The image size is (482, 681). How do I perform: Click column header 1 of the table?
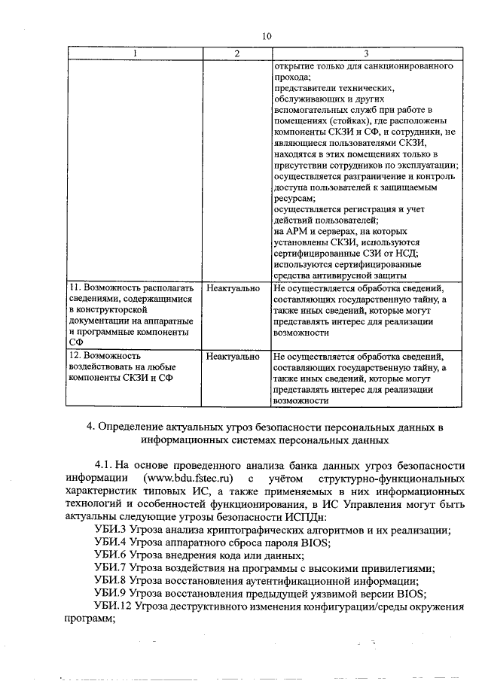click(135, 53)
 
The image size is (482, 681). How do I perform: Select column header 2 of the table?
click(236, 53)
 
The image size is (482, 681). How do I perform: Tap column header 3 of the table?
click(366, 53)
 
